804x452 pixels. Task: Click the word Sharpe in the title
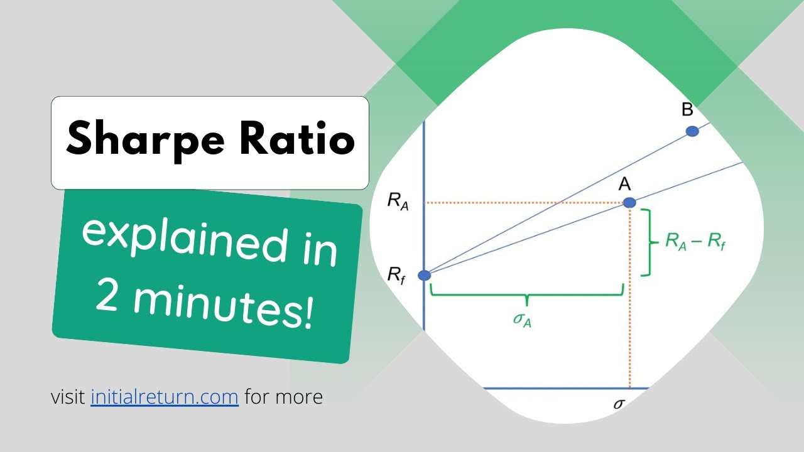click(x=145, y=141)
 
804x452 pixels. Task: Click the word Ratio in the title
click(x=297, y=138)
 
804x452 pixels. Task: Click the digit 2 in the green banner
click(x=107, y=295)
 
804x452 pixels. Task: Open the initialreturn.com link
click(x=165, y=397)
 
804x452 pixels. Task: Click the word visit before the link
click(x=68, y=397)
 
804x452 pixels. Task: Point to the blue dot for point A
click(x=629, y=203)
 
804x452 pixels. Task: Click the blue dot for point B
click(x=692, y=131)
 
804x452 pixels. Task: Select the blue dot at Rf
click(x=424, y=276)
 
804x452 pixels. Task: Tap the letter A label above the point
click(x=625, y=185)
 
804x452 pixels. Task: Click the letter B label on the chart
click(x=687, y=110)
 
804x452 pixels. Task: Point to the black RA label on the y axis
click(x=398, y=202)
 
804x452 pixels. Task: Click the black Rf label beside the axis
click(x=396, y=276)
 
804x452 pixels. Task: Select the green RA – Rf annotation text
click(x=695, y=242)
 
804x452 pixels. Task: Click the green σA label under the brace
click(x=522, y=320)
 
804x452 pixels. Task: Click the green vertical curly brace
click(x=650, y=242)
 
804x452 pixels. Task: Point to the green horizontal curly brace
click(x=527, y=296)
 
